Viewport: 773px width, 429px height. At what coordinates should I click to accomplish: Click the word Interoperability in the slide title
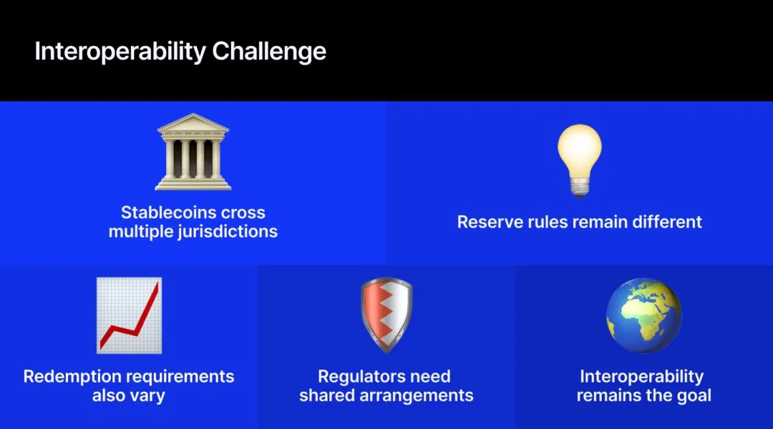pos(120,51)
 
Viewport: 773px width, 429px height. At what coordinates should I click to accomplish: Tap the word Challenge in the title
pos(269,51)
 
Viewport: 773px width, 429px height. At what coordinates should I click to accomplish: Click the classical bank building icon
pos(193,152)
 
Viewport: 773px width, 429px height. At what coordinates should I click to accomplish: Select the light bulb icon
pos(580,161)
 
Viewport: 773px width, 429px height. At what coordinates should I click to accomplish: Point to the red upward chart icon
pos(129,315)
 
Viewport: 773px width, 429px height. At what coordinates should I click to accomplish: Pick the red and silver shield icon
pos(386,315)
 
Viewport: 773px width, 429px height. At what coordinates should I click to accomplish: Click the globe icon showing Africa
pos(644,315)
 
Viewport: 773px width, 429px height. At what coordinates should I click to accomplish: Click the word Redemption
pos(70,377)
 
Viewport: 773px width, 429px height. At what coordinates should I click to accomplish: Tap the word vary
pos(147,396)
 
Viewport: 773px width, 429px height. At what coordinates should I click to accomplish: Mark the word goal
pos(694,395)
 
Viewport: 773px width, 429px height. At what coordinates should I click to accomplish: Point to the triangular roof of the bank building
pos(193,123)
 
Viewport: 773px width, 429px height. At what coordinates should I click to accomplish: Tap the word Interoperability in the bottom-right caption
pos(642,377)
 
